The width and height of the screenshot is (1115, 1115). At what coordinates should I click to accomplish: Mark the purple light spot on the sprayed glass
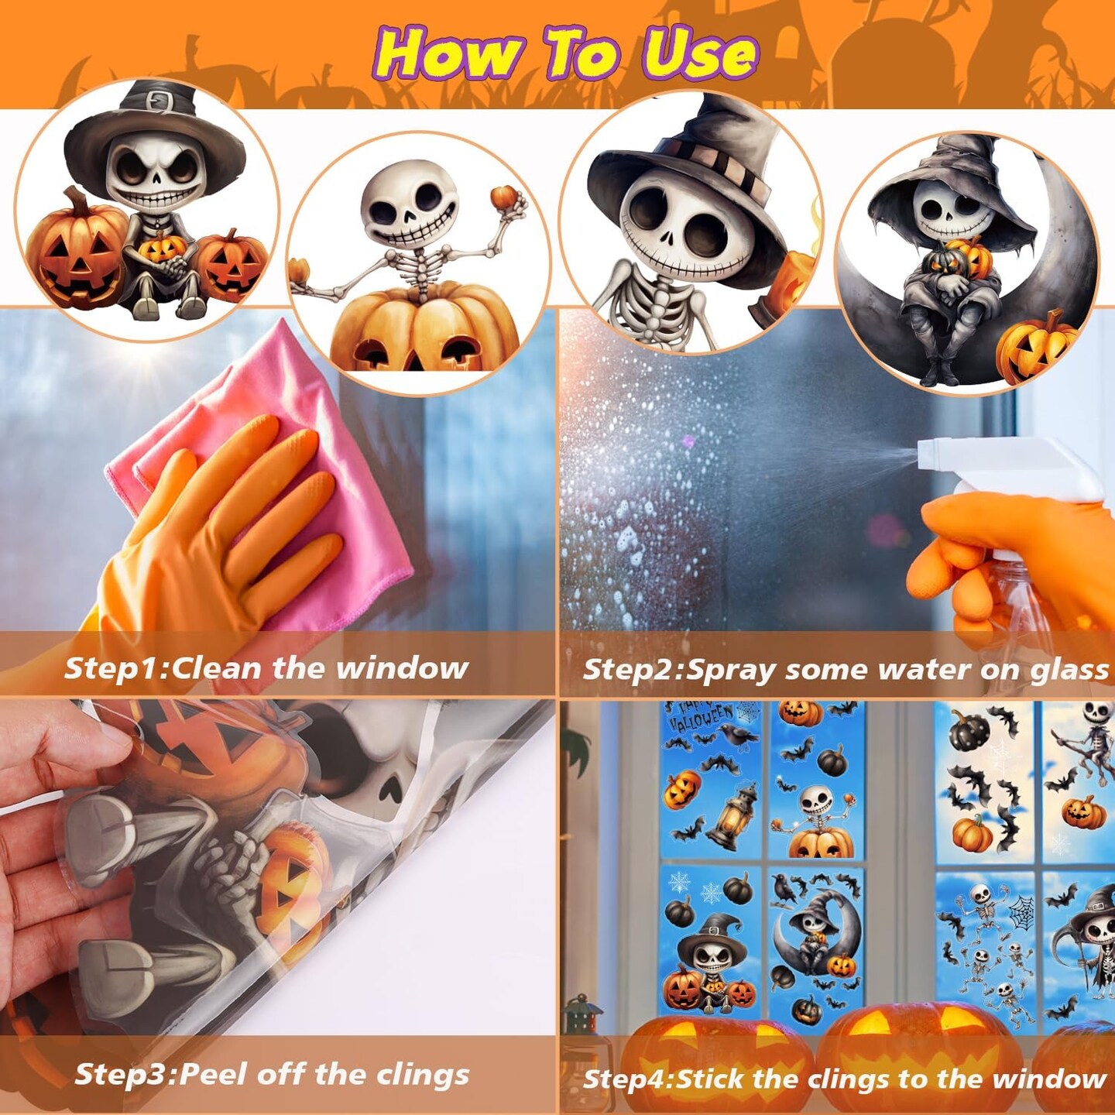[x=688, y=442]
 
